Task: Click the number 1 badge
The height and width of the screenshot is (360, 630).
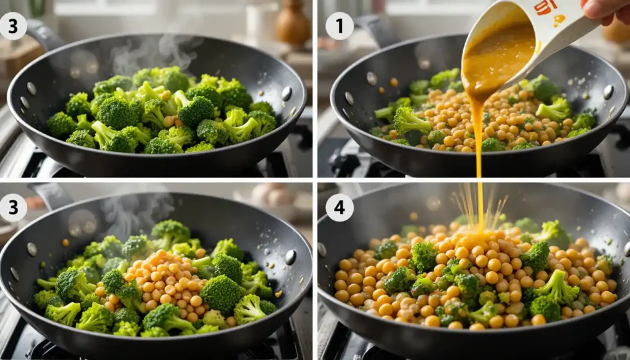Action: [340, 26]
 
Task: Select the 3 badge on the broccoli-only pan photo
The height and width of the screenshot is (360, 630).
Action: [14, 26]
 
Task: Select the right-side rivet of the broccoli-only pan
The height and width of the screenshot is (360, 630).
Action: [286, 93]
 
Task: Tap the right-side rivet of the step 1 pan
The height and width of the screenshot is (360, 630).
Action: [608, 92]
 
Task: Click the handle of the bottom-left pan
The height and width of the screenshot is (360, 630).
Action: [52, 196]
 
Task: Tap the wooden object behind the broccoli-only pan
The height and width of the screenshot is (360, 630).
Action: [293, 25]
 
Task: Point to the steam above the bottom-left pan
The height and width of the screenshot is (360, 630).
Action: [132, 212]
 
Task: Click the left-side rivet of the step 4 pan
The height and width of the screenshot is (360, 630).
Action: [322, 249]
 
